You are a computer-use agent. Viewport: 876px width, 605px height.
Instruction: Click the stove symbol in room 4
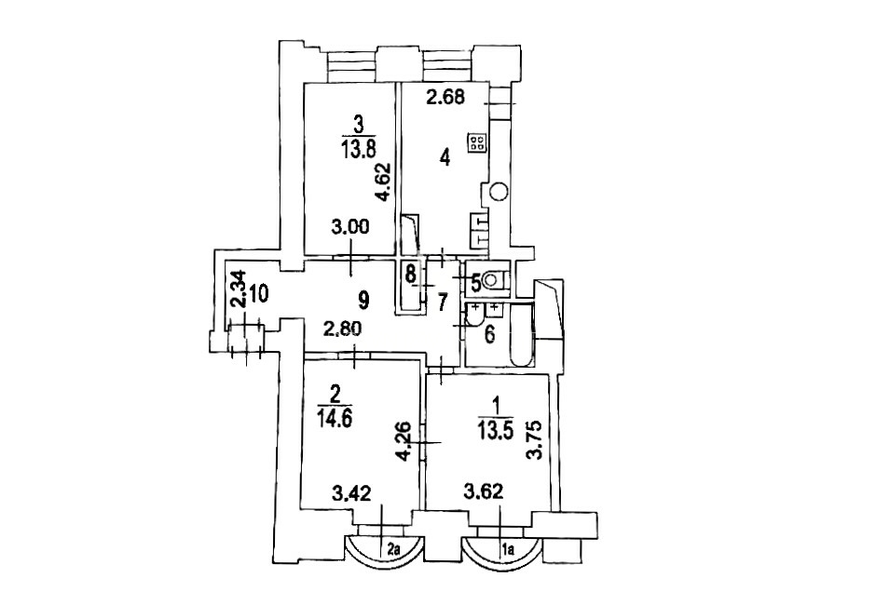pyautogui.click(x=476, y=142)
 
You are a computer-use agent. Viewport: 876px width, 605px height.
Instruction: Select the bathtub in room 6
pyautogui.click(x=523, y=334)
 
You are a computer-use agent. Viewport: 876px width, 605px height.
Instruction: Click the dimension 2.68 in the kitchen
pyautogui.click(x=445, y=98)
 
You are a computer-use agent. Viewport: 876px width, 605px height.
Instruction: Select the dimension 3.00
pyautogui.click(x=349, y=229)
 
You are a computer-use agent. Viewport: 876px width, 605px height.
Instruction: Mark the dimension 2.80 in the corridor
pyautogui.click(x=344, y=329)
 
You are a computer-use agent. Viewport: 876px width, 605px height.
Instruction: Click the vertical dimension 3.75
pyautogui.click(x=536, y=439)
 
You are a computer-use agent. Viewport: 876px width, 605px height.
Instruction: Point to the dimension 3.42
pyautogui.click(x=350, y=493)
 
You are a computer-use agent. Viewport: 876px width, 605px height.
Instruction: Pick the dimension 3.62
pyautogui.click(x=484, y=492)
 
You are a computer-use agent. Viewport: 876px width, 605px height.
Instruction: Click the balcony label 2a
pyautogui.click(x=393, y=551)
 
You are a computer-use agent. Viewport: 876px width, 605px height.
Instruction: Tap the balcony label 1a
pyautogui.click(x=509, y=551)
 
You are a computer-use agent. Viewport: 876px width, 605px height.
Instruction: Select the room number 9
pyautogui.click(x=363, y=302)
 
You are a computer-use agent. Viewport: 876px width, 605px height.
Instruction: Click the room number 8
pyautogui.click(x=409, y=274)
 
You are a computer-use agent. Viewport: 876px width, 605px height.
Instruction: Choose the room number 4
pyautogui.click(x=445, y=158)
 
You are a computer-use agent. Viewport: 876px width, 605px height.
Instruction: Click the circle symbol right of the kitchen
pyautogui.click(x=499, y=193)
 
